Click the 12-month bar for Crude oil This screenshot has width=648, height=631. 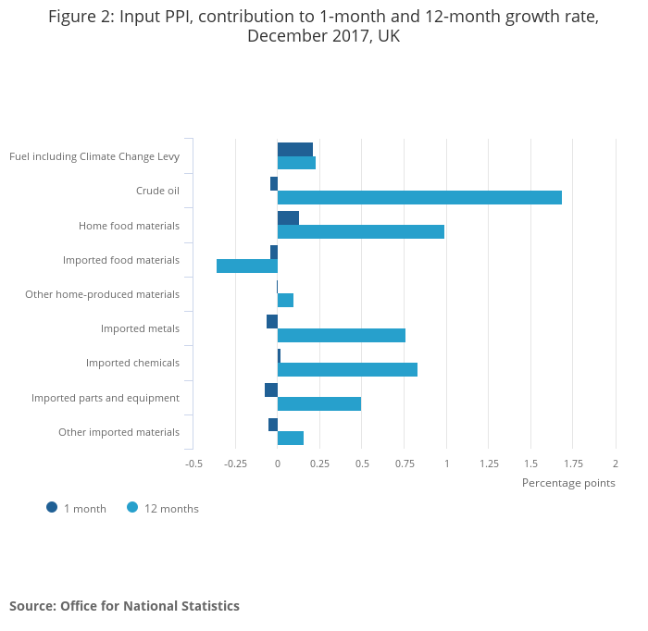click(x=419, y=197)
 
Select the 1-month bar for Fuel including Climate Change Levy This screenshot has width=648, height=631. click(x=295, y=149)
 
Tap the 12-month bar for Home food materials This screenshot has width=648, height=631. click(x=361, y=231)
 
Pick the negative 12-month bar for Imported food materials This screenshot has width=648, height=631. click(x=247, y=266)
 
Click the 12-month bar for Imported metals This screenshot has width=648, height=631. click(x=342, y=335)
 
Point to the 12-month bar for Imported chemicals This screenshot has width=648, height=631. click(x=347, y=369)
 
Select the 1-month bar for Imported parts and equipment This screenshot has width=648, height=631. click(x=271, y=390)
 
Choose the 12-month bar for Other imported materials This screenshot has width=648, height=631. click(x=291, y=438)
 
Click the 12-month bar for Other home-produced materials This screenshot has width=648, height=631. click(x=285, y=300)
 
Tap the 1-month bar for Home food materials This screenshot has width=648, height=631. click(x=288, y=217)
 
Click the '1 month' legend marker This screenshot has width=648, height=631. click(x=52, y=507)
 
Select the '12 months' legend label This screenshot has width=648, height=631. click(x=171, y=509)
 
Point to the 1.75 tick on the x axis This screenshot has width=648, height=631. click(x=572, y=464)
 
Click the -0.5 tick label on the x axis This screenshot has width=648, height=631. click(x=193, y=464)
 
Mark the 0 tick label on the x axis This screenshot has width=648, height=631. click(x=278, y=464)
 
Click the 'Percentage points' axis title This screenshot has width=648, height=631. click(x=568, y=482)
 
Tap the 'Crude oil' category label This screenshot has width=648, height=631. click(x=157, y=191)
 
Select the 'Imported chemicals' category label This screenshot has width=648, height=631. click(x=132, y=363)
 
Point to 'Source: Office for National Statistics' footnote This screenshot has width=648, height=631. click(x=124, y=606)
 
